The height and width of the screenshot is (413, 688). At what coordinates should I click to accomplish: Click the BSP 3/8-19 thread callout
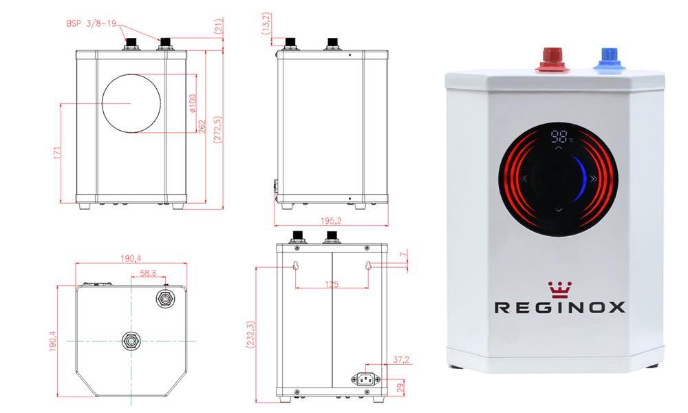(92, 23)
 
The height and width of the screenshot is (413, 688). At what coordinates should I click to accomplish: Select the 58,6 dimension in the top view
(149, 273)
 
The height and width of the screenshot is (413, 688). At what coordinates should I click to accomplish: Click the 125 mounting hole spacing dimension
(332, 284)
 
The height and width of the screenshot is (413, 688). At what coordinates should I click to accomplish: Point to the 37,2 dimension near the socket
(400, 360)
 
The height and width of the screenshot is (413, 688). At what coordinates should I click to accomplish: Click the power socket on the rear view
(365, 379)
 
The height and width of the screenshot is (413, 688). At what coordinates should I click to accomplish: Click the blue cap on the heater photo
(609, 60)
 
